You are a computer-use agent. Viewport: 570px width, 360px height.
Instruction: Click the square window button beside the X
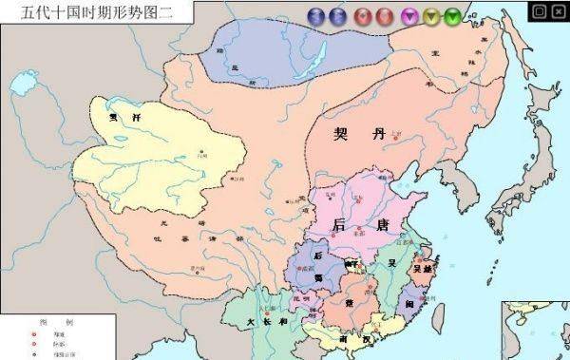pos(539,11)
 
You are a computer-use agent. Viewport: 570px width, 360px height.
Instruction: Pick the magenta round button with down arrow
pos(409,15)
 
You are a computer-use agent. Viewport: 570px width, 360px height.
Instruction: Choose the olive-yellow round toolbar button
pos(431,15)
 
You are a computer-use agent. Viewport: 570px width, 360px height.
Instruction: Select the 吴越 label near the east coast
pos(422,270)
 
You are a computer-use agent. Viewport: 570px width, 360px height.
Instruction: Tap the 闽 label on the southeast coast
pos(409,301)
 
